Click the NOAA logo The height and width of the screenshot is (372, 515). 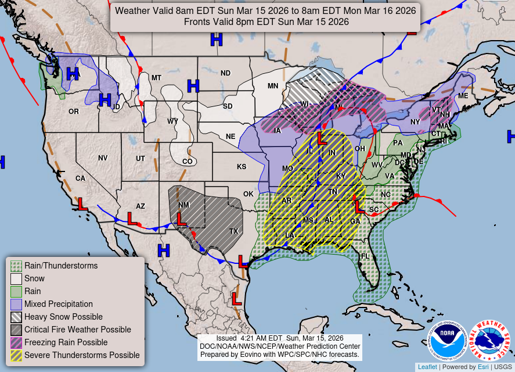(448, 341)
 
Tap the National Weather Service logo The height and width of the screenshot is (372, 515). (489, 341)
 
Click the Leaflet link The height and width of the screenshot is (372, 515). (427, 367)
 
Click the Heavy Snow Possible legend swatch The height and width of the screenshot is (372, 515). (16, 317)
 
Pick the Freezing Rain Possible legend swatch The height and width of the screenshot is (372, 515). (16, 342)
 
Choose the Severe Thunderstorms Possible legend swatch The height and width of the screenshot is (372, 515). (16, 355)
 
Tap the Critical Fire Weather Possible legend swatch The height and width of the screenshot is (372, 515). (16, 330)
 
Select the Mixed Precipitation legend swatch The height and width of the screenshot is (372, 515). (16, 304)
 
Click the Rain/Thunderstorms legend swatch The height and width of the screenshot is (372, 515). (16, 266)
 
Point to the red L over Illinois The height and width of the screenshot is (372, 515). (322, 138)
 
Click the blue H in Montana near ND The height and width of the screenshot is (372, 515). (193, 85)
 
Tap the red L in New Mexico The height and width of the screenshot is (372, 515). (181, 219)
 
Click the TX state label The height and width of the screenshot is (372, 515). (234, 231)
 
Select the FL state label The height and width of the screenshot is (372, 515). (365, 256)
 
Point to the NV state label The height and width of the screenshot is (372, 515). (103, 158)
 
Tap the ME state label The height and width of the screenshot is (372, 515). (463, 96)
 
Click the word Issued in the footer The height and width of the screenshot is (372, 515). (226, 338)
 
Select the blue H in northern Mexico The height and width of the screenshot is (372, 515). (164, 251)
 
